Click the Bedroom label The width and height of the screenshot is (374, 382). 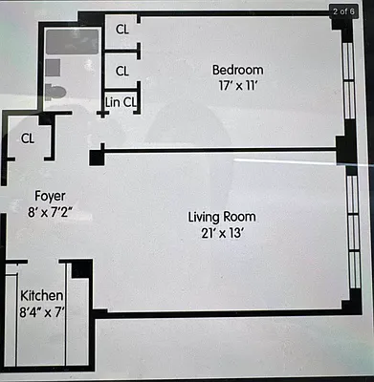pyautogui.click(x=237, y=70)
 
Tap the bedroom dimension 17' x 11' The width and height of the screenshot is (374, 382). pyautogui.click(x=237, y=84)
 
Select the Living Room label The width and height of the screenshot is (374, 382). pyautogui.click(x=222, y=217)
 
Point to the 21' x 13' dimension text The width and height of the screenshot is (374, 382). pyautogui.click(x=222, y=231)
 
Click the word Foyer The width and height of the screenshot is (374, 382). pyautogui.click(x=50, y=198)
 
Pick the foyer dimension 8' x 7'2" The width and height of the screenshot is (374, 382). pyautogui.click(x=50, y=213)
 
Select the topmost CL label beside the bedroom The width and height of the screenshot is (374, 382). pyautogui.click(x=122, y=30)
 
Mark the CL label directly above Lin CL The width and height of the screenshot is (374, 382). pyautogui.click(x=122, y=70)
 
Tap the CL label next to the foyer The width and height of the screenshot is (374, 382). pyautogui.click(x=28, y=138)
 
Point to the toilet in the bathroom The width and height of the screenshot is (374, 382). pyautogui.click(x=55, y=92)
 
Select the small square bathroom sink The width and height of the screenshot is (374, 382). pyautogui.click(x=53, y=67)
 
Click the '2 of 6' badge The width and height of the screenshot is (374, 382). pyautogui.click(x=345, y=11)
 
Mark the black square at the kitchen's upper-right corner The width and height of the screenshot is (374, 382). pyautogui.click(x=81, y=268)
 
